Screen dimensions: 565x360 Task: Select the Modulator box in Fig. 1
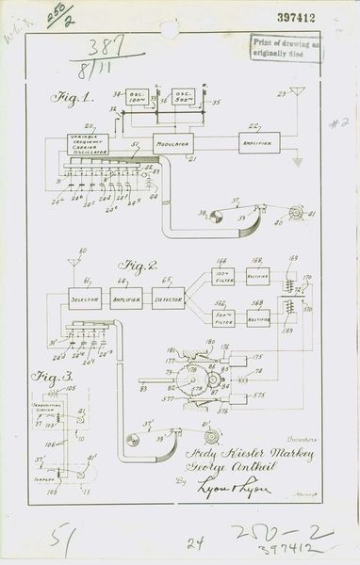(172, 143)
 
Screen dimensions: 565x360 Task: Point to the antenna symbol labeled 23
(297, 94)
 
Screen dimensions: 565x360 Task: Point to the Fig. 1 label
(63, 98)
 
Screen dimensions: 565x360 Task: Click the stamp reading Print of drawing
(285, 46)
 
